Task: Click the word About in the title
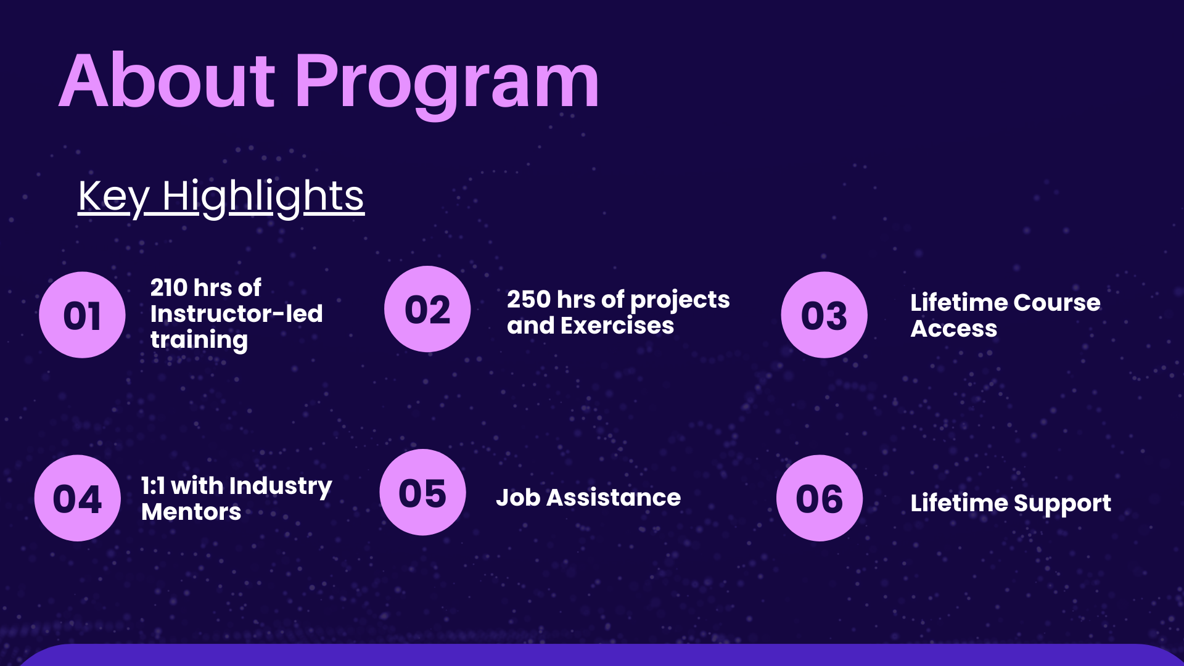(x=167, y=81)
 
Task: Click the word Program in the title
(x=447, y=85)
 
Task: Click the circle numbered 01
(x=82, y=315)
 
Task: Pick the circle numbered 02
(x=427, y=309)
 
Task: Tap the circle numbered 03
(x=824, y=315)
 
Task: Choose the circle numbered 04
(x=77, y=498)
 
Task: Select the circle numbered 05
(x=422, y=492)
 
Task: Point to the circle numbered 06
(x=819, y=498)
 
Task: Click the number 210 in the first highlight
(x=168, y=288)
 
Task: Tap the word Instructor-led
(x=237, y=314)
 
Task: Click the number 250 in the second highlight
(x=528, y=300)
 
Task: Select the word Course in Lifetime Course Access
(x=1057, y=303)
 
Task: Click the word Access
(x=954, y=329)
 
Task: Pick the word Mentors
(x=191, y=512)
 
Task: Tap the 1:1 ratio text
(x=153, y=486)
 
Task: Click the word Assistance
(x=614, y=498)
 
